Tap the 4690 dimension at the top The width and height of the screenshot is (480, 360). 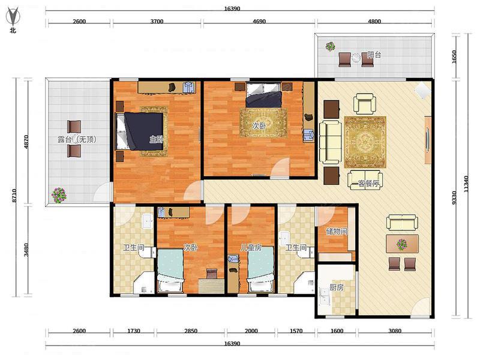[x=259, y=22]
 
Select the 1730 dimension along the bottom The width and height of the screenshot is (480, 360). [x=134, y=331]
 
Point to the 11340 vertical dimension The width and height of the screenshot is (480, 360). [x=466, y=184]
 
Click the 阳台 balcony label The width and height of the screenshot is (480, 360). [x=374, y=55]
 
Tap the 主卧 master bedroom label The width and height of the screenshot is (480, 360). [x=156, y=140]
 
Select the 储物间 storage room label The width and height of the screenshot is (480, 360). [x=337, y=231]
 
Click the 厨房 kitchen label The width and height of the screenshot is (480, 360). [x=337, y=287]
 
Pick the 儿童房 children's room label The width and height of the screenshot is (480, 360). [x=251, y=247]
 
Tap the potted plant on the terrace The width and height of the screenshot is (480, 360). [x=59, y=195]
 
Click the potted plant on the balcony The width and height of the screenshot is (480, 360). [x=331, y=47]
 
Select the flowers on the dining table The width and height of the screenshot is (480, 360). [x=402, y=244]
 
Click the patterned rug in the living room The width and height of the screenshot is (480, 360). [x=365, y=142]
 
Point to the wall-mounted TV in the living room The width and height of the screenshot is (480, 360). [x=428, y=140]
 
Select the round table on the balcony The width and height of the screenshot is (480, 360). [x=356, y=58]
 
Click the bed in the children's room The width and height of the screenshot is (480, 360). [x=260, y=269]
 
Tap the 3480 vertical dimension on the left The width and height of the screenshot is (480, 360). [x=26, y=250]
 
